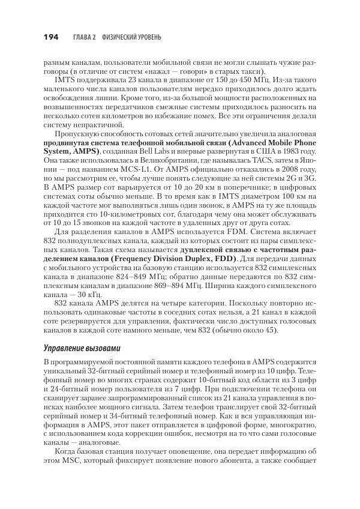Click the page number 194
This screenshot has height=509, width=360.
pyautogui.click(x=50, y=37)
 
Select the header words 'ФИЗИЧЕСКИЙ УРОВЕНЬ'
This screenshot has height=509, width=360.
pyautogui.click(x=130, y=38)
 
